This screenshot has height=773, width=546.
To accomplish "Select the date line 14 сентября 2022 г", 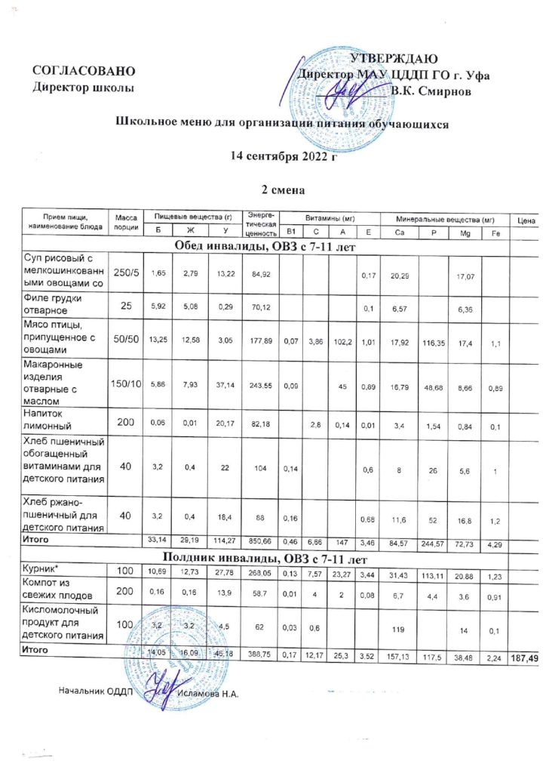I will point(283,156).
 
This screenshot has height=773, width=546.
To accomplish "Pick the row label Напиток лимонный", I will point(51,419).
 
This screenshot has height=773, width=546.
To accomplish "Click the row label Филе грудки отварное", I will point(55,302).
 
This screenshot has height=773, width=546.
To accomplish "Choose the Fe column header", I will point(495,231).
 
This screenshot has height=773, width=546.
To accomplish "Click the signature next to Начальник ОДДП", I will point(158,689).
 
